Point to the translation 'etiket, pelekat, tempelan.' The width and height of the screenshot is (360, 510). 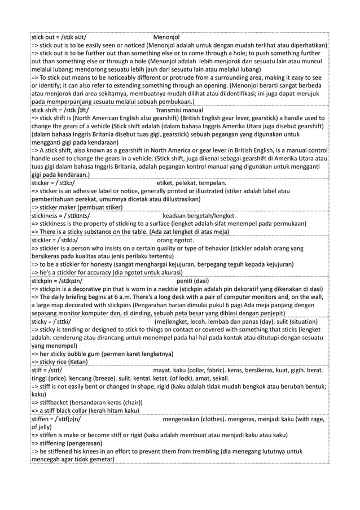192,183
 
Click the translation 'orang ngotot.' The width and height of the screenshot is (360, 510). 176,239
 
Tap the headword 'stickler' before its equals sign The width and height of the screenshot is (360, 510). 44,239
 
